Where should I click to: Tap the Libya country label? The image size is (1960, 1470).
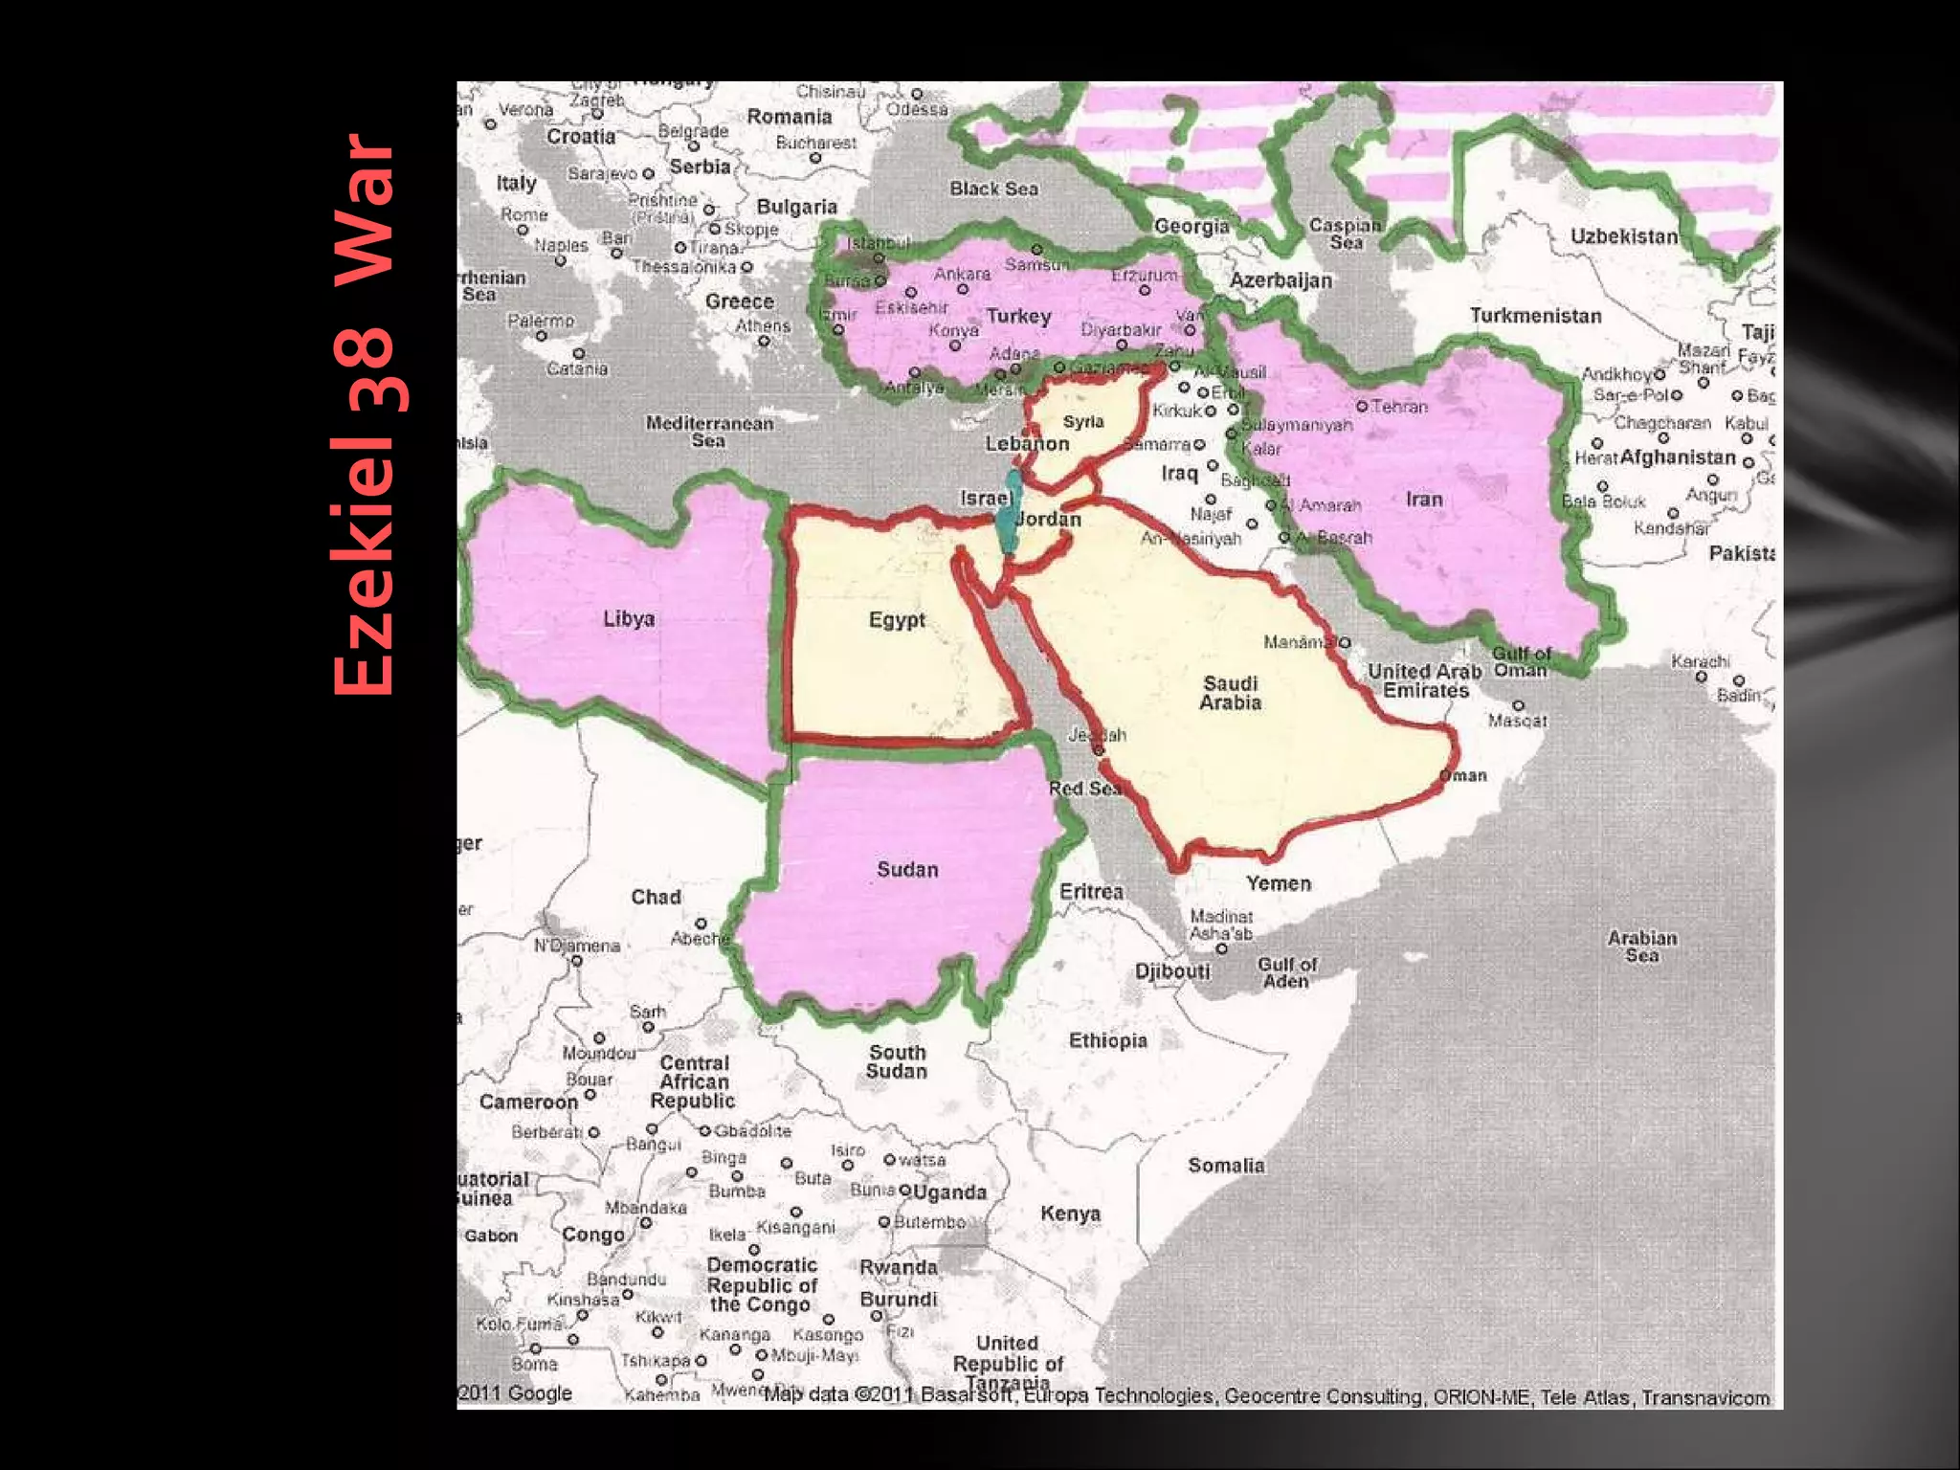pos(629,619)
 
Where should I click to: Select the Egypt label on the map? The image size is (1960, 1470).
pos(897,620)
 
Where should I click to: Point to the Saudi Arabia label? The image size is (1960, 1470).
pos(1231,693)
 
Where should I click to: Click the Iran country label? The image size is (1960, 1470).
pos(1424,500)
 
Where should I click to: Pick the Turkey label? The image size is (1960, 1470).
pos(1018,317)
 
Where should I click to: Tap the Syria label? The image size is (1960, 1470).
pos(1083,422)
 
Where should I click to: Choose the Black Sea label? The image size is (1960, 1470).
pos(993,189)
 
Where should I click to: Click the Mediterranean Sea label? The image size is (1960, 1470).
pos(709,432)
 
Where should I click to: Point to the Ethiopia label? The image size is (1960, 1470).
pos(1107,1040)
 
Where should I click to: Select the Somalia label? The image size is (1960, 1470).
pos(1226,1166)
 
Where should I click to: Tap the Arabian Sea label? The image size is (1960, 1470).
pos(1641,947)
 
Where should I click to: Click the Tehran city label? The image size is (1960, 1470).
pos(1398,407)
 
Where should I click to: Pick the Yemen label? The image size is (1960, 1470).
pos(1278,883)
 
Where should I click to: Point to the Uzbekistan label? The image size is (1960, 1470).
pos(1623,236)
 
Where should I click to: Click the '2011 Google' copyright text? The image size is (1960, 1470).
pos(515,1393)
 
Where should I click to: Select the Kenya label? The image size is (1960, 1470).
pos(1070,1214)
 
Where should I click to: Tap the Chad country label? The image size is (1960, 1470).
pos(656,898)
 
